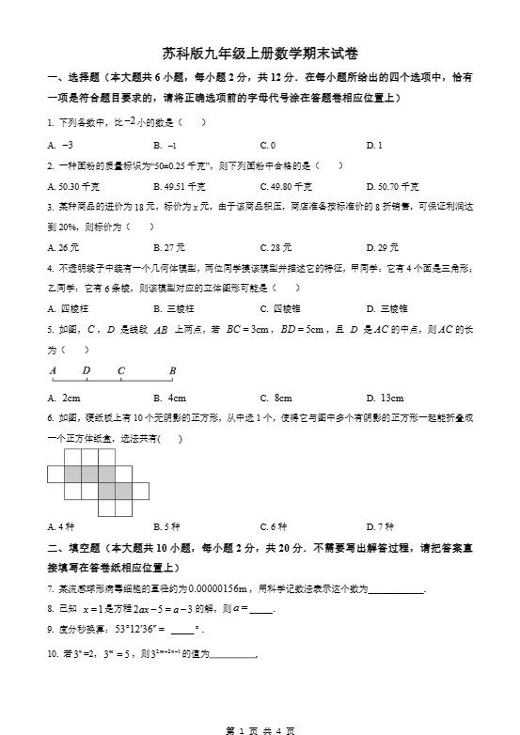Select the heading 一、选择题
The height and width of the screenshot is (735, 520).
click(74, 77)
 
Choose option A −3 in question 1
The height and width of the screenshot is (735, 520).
click(60, 145)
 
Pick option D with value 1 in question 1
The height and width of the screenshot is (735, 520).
click(373, 145)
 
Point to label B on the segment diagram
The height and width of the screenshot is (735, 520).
click(172, 370)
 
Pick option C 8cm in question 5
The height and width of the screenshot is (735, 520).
click(276, 398)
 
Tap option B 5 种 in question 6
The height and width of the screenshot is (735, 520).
click(166, 525)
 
